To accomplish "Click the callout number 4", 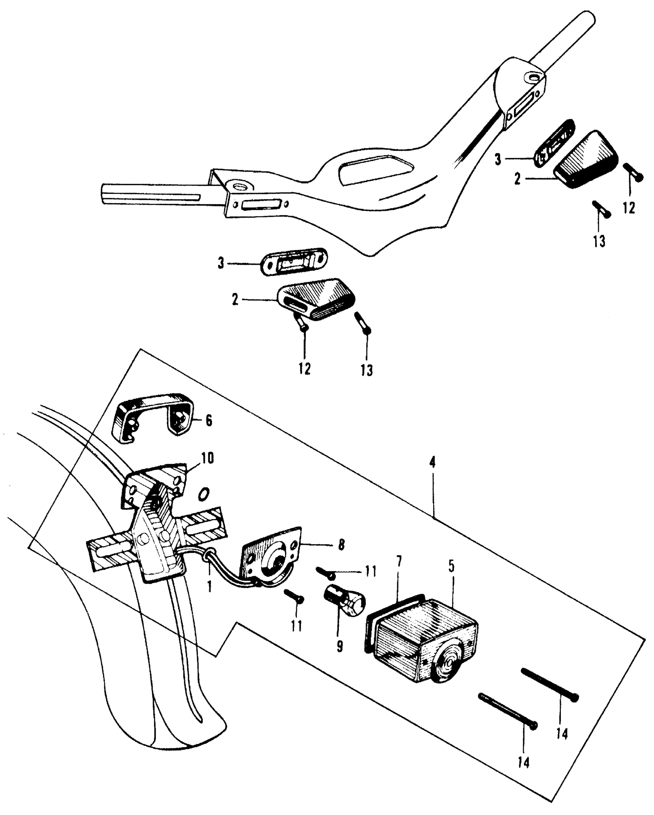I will tap(432, 463).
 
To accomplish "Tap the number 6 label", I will tap(209, 421).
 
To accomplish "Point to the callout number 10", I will tap(207, 458).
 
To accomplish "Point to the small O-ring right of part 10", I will tap(204, 494).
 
